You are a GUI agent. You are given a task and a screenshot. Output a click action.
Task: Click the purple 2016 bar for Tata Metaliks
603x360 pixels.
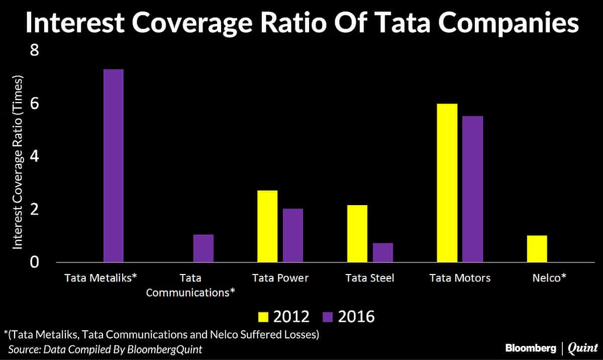point(113,165)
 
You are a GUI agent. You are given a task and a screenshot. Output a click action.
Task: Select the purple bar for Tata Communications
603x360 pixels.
point(203,248)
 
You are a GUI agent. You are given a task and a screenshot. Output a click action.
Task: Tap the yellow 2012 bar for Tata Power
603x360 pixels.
point(267,226)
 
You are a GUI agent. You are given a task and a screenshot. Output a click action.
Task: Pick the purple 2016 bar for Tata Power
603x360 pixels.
point(292,235)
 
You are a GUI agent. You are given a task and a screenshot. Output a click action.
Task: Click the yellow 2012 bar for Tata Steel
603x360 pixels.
point(357,233)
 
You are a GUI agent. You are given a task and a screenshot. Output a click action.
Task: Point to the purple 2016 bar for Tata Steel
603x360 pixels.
point(383,252)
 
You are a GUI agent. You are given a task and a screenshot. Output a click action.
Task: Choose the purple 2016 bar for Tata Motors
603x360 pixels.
point(473,189)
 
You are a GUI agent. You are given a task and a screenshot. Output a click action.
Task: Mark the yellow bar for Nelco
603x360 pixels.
point(537,248)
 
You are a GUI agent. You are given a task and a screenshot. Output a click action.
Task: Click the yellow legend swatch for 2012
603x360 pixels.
point(263,316)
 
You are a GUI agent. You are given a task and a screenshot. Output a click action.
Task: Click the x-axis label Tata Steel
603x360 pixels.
point(369,278)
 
